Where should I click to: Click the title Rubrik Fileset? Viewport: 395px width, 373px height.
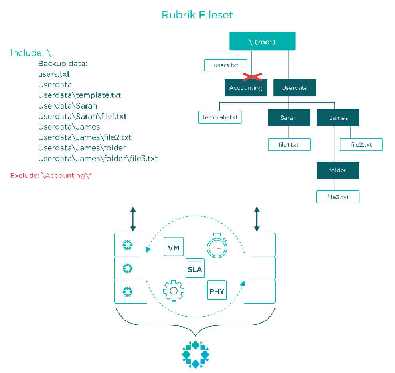pos(197,15)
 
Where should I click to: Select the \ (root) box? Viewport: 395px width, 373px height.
pos(262,41)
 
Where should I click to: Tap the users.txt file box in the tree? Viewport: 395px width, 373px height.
pos(225,65)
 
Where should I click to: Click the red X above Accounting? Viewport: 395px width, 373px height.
pos(252,77)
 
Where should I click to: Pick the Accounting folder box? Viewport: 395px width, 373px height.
pos(246,88)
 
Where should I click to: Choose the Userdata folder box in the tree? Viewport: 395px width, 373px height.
pos(294,88)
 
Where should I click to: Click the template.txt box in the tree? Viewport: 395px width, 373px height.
pos(220,117)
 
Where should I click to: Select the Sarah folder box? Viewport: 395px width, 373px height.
pos(289,117)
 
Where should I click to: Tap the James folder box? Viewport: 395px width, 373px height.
pos(338,117)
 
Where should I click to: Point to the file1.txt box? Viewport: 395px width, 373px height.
pos(289,145)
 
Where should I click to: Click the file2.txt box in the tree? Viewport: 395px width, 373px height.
pos(361,145)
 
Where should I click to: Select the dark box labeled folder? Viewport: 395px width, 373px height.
pos(338,170)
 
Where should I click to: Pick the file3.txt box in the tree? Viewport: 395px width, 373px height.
pos(338,197)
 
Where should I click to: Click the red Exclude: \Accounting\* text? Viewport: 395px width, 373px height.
pos(51,175)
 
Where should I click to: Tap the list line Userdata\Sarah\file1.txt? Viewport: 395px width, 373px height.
pos(82,116)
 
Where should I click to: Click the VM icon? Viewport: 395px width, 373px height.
pos(174,246)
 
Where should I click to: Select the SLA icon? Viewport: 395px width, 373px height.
pos(195,268)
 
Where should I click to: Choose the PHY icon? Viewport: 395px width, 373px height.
pos(217,290)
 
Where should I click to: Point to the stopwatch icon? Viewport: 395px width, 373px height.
pos(217,246)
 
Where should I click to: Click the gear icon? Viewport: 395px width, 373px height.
pos(174,291)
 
